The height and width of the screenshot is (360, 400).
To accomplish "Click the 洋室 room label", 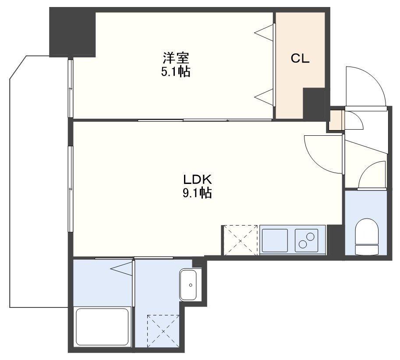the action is [176, 58].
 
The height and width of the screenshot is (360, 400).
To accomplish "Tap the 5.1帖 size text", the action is [176, 72].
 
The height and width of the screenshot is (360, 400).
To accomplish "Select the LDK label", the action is [198, 180].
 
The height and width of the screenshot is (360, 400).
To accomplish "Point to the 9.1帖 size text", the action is [197, 193].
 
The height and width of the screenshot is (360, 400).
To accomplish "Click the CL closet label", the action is [300, 59].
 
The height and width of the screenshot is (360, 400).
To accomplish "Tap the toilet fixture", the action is [367, 236].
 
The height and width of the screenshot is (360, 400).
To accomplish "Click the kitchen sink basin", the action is [275, 240].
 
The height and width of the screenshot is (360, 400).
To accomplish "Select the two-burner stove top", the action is [307, 240].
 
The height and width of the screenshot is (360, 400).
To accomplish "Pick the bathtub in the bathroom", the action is [102, 327].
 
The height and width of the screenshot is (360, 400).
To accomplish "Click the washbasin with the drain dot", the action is [188, 285].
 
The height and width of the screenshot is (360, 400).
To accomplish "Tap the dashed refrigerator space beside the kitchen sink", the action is [240, 240].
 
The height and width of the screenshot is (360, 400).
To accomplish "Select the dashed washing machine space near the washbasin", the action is [163, 331].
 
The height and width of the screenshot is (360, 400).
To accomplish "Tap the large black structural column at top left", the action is [72, 32].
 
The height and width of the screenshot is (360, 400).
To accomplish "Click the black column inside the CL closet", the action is [314, 103].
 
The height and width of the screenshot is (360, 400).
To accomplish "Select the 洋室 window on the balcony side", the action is [71, 88].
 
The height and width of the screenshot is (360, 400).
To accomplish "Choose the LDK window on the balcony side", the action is [71, 189].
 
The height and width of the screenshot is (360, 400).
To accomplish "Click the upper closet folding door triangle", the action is [264, 32].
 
